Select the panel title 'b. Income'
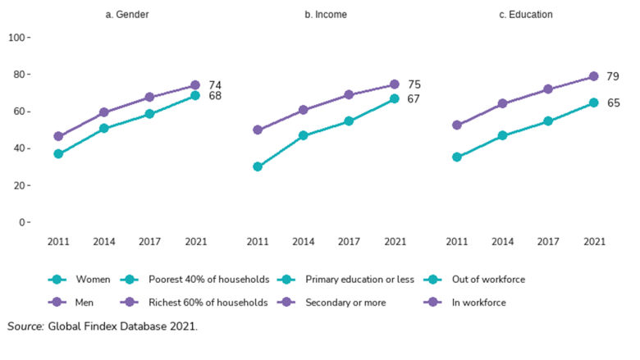pos(325,14)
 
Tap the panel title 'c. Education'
pos(525,14)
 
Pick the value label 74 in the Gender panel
pos(215,85)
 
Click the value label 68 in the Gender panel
pos(215,97)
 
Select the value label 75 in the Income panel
pos(414,84)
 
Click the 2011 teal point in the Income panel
pos(258,166)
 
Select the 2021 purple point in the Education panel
pos(594,76)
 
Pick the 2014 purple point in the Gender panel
pos(103,112)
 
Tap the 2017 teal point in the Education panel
pos(549,121)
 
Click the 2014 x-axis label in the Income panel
pos(303,242)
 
